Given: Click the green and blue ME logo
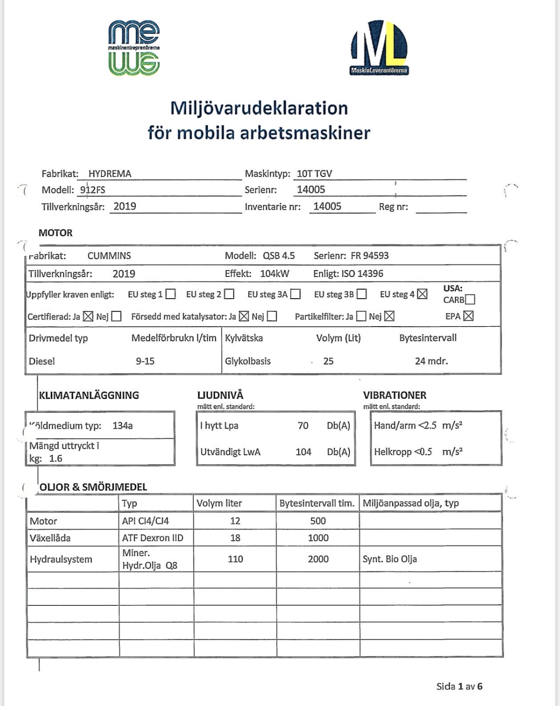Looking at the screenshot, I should tap(134, 48).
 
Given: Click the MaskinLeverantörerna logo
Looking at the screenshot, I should tap(379, 47).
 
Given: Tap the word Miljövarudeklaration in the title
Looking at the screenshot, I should tap(259, 108).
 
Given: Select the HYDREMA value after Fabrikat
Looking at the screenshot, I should tap(110, 174).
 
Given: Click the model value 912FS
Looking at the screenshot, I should tap(93, 190).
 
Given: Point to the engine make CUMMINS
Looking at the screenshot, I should tap(109, 256).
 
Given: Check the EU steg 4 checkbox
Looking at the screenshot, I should tap(422, 294).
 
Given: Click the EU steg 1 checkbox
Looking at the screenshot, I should tap(171, 294).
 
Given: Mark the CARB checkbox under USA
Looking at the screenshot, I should tap(470, 300).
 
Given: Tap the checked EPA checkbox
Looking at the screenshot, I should tap(469, 316).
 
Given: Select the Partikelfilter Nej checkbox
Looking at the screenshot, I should tap(389, 316).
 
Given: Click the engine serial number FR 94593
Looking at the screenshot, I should tap(370, 256).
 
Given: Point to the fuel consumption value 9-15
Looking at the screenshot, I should tap(145, 361).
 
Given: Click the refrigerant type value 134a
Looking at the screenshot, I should tap(123, 426).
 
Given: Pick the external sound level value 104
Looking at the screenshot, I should tap(304, 452).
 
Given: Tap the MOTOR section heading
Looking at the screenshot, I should tap(56, 233).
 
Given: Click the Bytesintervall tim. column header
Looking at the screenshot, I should tap(317, 503).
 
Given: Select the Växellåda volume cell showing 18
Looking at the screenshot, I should tap(235, 538).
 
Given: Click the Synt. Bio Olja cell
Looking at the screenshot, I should tap(389, 559).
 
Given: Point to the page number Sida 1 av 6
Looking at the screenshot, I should tap(459, 687).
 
